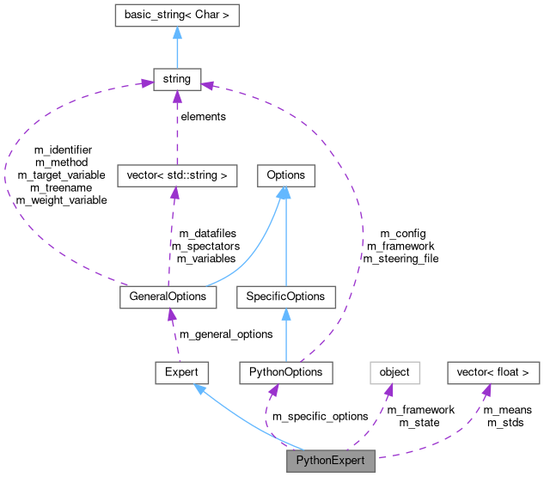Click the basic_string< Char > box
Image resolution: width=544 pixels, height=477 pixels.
[x=176, y=15]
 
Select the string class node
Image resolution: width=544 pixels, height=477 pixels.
[x=176, y=80]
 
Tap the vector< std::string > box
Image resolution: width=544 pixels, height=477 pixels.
[x=175, y=175]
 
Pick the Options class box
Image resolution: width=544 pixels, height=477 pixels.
[x=285, y=175]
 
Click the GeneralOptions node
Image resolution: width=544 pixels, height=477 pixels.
[x=168, y=297]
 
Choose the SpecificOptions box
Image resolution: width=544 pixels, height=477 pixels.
[x=285, y=297]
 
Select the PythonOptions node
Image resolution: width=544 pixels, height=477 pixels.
[x=285, y=372]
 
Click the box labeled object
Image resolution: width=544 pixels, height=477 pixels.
[x=394, y=372]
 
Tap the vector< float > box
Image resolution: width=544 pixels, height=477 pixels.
[x=493, y=372]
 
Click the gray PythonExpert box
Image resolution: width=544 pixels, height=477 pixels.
[x=330, y=461]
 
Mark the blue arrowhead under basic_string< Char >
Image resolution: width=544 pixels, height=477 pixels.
[x=176, y=33]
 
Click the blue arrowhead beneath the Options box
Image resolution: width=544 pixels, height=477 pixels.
[x=284, y=193]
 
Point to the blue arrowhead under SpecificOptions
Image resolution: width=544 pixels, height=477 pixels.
[x=285, y=315]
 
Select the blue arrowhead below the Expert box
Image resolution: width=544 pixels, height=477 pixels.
[x=199, y=389]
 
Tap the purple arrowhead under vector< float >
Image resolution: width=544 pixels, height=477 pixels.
[x=486, y=391]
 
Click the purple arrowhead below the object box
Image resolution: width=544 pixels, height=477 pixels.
[x=388, y=391]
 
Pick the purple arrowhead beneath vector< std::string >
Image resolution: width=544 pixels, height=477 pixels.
[x=174, y=193]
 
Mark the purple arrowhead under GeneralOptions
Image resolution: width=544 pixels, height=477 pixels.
[x=171, y=315]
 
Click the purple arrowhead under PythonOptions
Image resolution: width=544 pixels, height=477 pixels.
[x=274, y=391]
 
